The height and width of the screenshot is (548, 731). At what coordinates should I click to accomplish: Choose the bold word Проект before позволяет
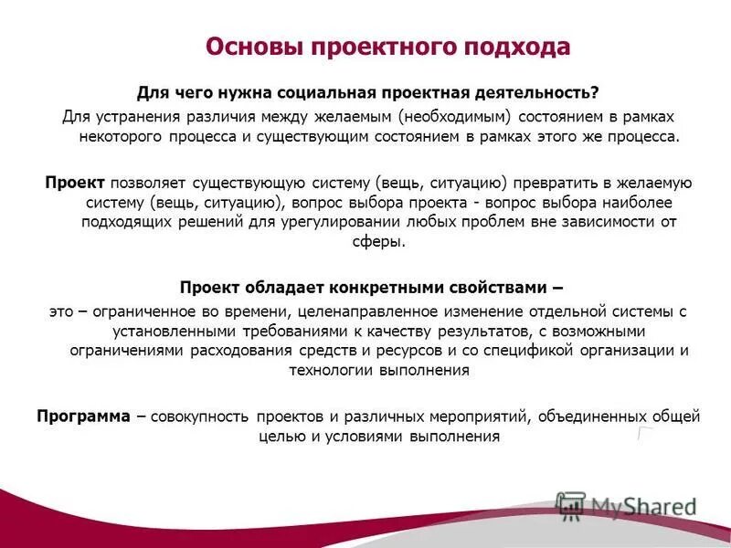tap(75, 182)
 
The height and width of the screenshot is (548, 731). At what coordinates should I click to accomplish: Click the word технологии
tap(333, 371)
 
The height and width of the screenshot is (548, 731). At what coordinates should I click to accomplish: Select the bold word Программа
tap(83, 416)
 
